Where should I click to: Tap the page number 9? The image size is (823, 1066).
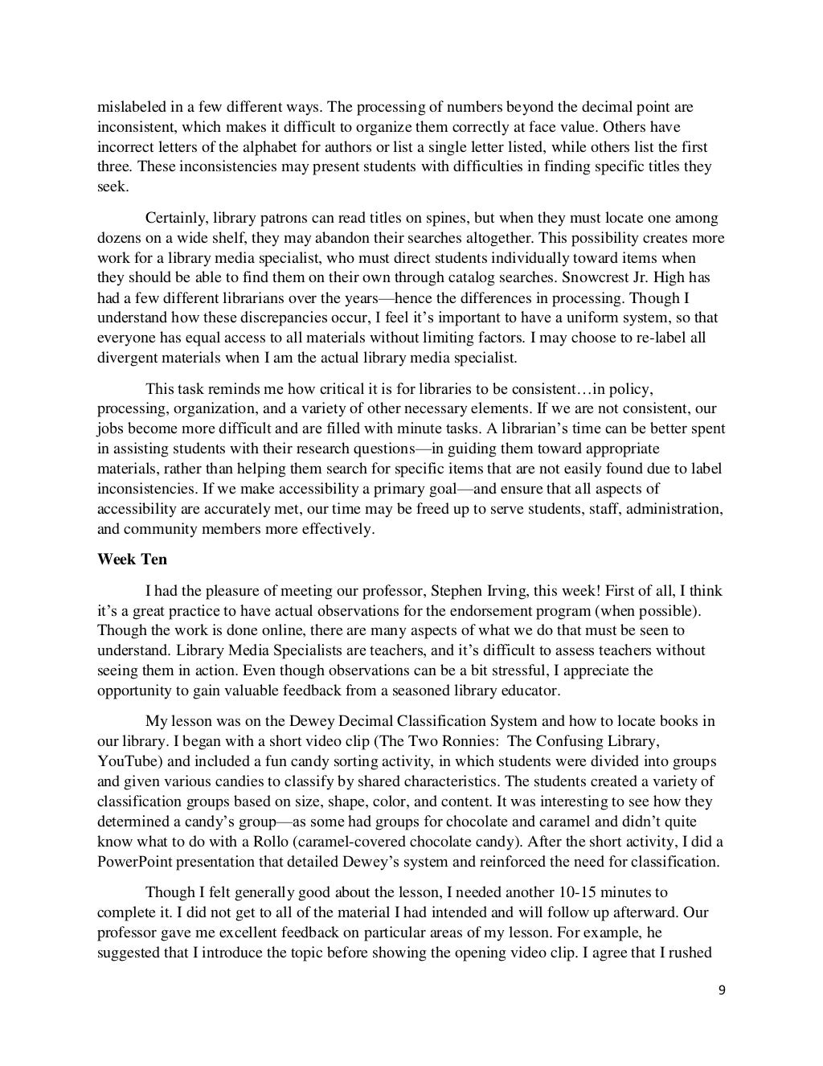(x=721, y=990)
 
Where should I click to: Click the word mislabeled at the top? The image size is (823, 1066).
(x=130, y=107)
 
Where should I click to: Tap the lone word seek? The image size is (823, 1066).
(x=112, y=187)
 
